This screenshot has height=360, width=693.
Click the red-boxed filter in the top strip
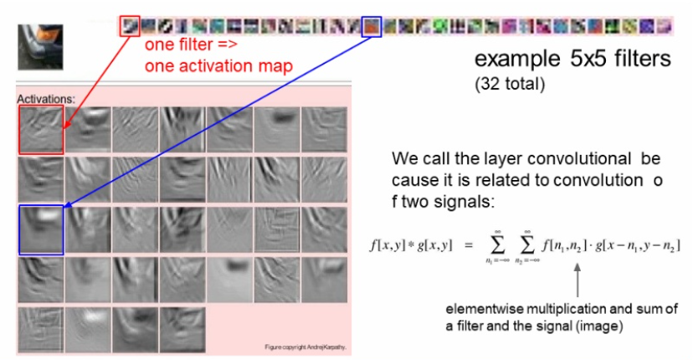click(130, 26)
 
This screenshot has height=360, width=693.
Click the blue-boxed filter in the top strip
click(372, 27)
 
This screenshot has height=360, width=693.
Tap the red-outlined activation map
click(39, 130)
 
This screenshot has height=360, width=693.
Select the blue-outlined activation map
click(39, 229)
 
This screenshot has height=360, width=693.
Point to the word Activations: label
click(46, 99)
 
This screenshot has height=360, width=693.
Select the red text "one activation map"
click(219, 65)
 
